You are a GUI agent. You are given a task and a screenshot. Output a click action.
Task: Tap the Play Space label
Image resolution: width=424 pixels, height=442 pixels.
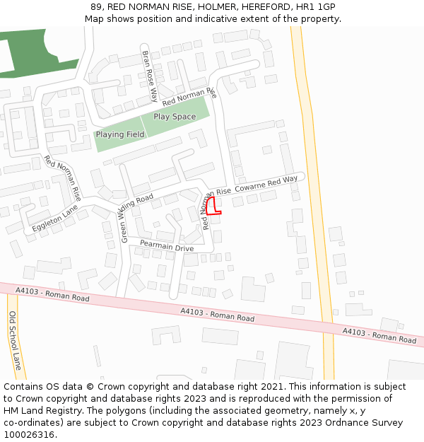(175, 117)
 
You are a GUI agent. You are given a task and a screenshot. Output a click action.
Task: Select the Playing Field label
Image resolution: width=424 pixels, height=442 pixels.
(120, 134)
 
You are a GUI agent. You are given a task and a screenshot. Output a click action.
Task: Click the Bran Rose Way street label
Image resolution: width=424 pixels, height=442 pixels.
(150, 76)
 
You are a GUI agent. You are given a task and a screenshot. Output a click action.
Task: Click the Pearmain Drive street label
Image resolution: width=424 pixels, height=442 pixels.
(167, 245)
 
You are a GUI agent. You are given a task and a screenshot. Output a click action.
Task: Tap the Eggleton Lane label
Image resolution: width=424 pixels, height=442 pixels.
(54, 220)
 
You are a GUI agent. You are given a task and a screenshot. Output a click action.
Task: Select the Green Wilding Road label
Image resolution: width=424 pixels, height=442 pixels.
(136, 216)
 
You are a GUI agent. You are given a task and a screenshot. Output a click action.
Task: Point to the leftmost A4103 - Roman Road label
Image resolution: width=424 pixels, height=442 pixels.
(52, 293)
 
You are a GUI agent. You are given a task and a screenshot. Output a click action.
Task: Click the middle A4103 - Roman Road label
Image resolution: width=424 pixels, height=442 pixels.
(217, 315)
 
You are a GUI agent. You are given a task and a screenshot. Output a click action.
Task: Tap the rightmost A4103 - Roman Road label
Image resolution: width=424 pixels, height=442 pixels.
(379, 335)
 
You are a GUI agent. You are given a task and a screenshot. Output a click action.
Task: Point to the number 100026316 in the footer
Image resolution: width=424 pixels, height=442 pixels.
(30, 435)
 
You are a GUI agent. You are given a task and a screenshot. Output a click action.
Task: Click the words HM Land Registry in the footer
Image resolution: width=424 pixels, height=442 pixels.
(37, 411)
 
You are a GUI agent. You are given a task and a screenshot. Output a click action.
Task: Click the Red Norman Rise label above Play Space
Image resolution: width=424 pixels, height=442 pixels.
(187, 98)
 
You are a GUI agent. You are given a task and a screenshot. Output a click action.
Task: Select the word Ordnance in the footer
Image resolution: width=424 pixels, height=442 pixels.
(348, 423)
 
